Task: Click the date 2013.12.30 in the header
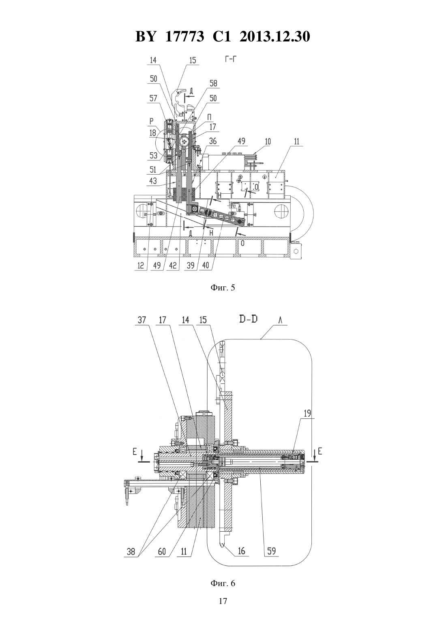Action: pos(275,37)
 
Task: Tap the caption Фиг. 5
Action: pos(223,288)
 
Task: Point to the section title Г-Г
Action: pos(230,60)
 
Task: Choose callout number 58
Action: pos(213,83)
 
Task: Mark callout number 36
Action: pos(213,141)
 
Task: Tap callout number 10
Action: pos(268,141)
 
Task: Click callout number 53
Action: pos(153,155)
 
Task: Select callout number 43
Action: pos(153,181)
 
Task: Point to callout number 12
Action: pos(141,265)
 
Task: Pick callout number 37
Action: pos(142,320)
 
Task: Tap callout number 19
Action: pos(307,413)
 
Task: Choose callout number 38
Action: pos(131,551)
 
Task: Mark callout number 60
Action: pos(162,551)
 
